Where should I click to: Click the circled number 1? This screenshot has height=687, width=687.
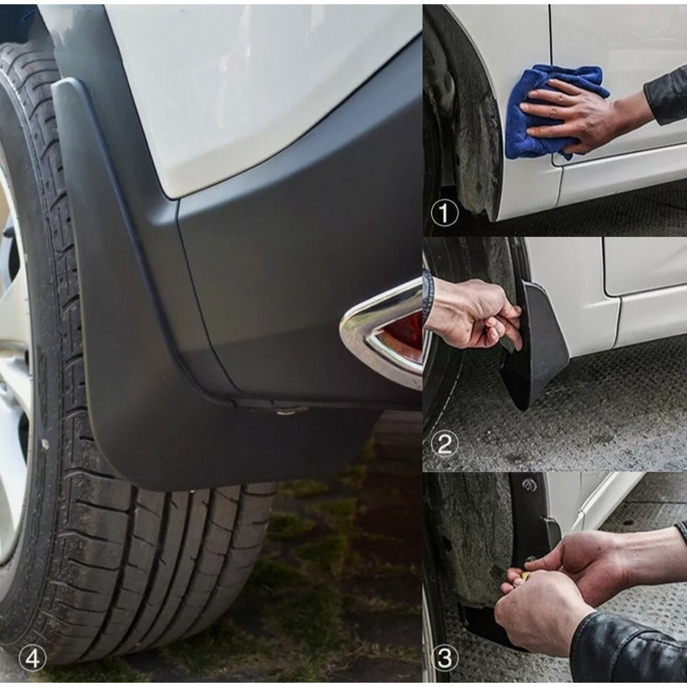point(444,213)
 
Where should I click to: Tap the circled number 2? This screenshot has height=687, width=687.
point(444,444)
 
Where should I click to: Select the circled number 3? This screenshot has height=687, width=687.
point(445,658)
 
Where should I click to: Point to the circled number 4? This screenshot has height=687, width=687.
point(33,659)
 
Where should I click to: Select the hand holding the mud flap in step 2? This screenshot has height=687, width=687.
point(473,313)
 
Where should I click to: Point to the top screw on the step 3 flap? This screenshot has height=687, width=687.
point(530,485)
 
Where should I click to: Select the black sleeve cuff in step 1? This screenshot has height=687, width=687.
point(667,94)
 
